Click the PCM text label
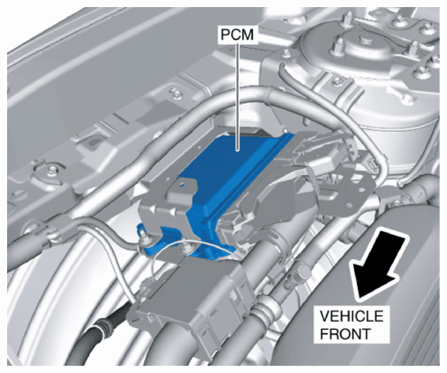(x=237, y=35)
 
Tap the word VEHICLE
(x=352, y=316)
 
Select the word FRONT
(x=345, y=334)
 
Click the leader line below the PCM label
(x=237, y=96)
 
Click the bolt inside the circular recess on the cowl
(x=53, y=170)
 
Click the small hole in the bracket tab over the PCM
(x=181, y=185)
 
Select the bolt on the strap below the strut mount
(x=337, y=81)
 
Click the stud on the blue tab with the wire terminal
(x=142, y=235)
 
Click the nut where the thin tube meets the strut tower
(x=284, y=53)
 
